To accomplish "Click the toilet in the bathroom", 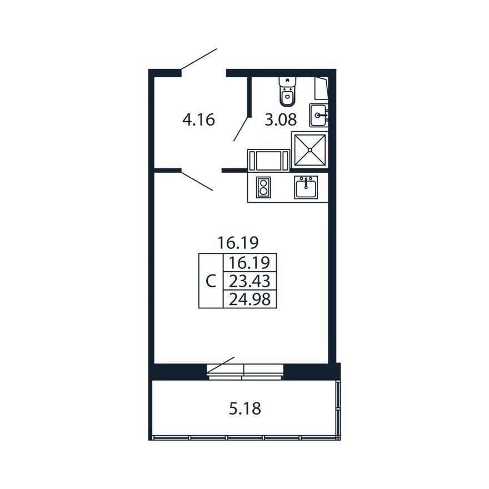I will point(287,92).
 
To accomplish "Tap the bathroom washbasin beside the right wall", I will point(319,116).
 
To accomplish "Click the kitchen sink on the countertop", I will point(306,188).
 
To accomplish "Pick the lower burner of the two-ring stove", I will point(263,192).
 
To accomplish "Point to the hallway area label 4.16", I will point(198,119).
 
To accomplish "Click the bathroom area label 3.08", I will point(280,119).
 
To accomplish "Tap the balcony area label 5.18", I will point(245,410).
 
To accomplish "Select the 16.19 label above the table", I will point(239,242).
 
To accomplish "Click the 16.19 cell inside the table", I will point(249,262).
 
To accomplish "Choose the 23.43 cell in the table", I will point(249,281).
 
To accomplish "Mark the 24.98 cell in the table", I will point(249,299).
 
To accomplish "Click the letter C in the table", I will point(211,281).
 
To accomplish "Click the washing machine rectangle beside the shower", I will point(268,160).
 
